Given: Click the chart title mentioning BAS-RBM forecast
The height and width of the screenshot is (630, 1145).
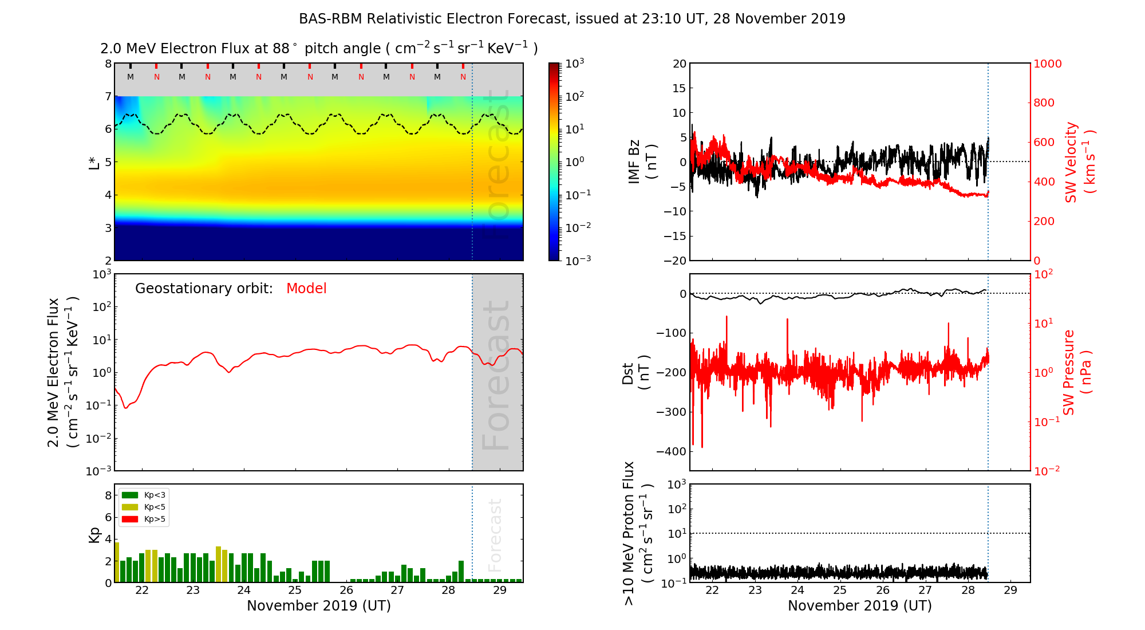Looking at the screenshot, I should point(572,19).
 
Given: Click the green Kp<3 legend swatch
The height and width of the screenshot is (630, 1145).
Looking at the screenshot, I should point(130,495).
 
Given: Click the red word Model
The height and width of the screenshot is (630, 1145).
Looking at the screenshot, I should point(306,289).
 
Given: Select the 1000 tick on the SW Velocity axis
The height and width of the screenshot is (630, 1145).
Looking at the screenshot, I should point(1048,64).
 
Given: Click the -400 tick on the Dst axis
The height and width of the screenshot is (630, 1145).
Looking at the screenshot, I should point(672,451).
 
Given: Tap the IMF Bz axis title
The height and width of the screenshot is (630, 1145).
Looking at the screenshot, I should point(642,162).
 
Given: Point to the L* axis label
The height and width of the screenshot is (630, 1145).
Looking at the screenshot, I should point(94,162).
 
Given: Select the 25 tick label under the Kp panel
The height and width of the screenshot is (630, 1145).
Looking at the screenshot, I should point(295,590).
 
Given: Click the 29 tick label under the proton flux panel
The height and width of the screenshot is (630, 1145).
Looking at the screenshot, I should point(1010,590).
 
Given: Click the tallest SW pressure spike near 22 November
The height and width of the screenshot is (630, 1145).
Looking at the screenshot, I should point(727,317).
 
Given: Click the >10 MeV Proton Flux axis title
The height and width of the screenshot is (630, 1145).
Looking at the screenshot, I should point(637,533).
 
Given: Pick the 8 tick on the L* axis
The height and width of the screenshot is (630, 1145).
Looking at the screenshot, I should point(108,64).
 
